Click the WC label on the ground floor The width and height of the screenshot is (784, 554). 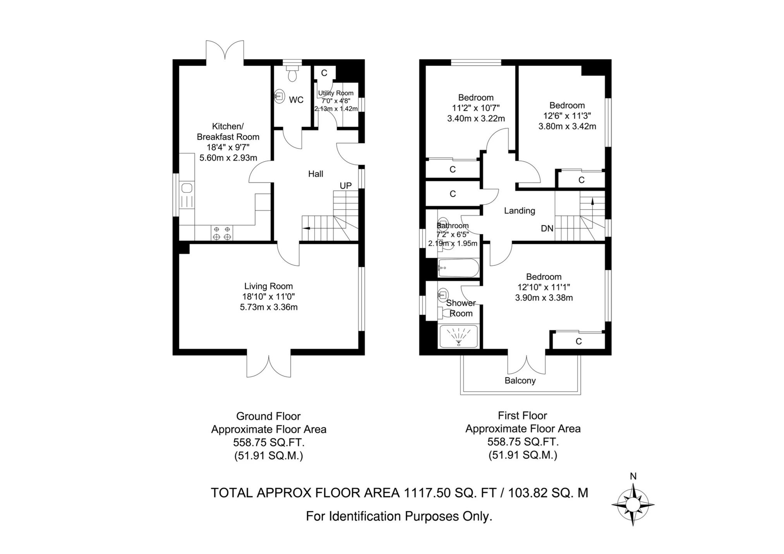[296, 100]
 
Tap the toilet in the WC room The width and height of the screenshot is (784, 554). [292, 73]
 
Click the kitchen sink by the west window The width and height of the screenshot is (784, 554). [187, 188]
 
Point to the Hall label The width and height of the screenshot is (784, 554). [316, 174]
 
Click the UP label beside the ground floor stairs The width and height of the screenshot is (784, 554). [346, 186]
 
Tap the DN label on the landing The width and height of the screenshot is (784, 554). [547, 229]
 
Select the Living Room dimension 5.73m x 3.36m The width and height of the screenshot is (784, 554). [269, 307]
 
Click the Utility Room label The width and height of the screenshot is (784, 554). [336, 93]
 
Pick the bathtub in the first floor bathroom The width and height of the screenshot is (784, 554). [458, 268]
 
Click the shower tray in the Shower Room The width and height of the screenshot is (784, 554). [459, 336]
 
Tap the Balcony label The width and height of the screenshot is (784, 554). [520, 381]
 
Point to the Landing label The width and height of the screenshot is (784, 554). [520, 210]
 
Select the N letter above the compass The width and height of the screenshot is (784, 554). [633, 477]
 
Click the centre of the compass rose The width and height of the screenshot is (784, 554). [633, 504]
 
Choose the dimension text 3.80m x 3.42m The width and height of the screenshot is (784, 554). [567, 126]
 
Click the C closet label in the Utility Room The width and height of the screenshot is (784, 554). [324, 73]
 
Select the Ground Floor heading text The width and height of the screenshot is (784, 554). [268, 416]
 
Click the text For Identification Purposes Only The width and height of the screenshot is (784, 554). [399, 516]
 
